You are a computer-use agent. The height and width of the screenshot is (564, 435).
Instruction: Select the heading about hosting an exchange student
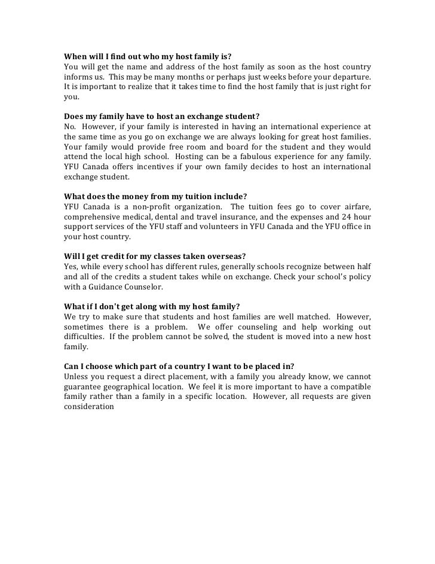click(161, 117)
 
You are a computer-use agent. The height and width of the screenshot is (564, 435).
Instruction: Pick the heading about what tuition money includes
click(155, 197)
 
